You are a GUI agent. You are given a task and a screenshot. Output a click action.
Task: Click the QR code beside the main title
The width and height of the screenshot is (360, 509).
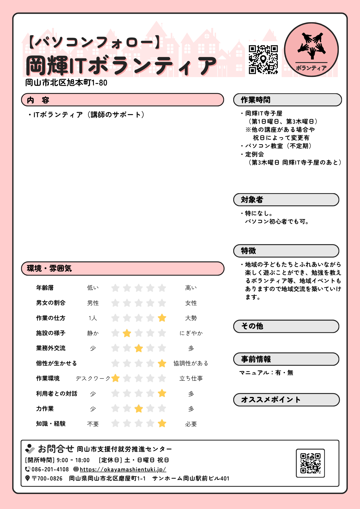click(263, 60)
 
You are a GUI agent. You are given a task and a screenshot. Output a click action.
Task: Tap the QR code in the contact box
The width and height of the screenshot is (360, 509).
click(310, 463)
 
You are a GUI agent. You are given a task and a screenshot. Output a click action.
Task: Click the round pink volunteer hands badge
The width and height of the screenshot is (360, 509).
click(311, 50)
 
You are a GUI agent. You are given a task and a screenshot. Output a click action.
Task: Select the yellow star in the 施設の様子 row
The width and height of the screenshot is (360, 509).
click(127, 333)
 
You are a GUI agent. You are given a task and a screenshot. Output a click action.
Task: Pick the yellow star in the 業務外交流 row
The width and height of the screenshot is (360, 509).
click(139, 348)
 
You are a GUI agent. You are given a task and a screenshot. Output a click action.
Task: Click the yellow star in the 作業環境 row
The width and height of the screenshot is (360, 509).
click(115, 378)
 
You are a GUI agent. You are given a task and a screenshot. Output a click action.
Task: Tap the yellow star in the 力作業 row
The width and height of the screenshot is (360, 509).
click(139, 409)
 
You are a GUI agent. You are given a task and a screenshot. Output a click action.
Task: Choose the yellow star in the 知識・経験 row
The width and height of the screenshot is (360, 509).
click(162, 423)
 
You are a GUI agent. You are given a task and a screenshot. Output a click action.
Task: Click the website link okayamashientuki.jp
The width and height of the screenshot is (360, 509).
click(123, 469)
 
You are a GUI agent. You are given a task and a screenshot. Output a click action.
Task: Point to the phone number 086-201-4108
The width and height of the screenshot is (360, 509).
click(50, 469)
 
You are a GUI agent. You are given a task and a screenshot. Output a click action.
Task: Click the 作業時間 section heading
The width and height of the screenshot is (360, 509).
click(255, 100)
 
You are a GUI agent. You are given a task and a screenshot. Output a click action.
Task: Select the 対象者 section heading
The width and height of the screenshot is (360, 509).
click(252, 200)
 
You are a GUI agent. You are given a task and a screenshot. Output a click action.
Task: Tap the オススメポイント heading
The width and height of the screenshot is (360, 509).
click(271, 400)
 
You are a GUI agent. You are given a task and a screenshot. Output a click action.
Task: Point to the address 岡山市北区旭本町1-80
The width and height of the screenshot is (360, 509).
click(66, 83)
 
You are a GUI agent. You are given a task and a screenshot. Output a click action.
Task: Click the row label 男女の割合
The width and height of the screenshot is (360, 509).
click(51, 303)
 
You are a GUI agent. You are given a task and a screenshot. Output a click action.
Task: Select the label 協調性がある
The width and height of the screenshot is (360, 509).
click(191, 363)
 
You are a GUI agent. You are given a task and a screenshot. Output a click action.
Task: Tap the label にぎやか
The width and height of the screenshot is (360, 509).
click(191, 333)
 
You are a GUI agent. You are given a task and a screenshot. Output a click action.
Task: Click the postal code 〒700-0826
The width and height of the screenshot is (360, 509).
click(47, 478)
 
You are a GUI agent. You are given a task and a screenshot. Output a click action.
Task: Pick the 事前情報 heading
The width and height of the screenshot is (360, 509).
click(256, 359)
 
